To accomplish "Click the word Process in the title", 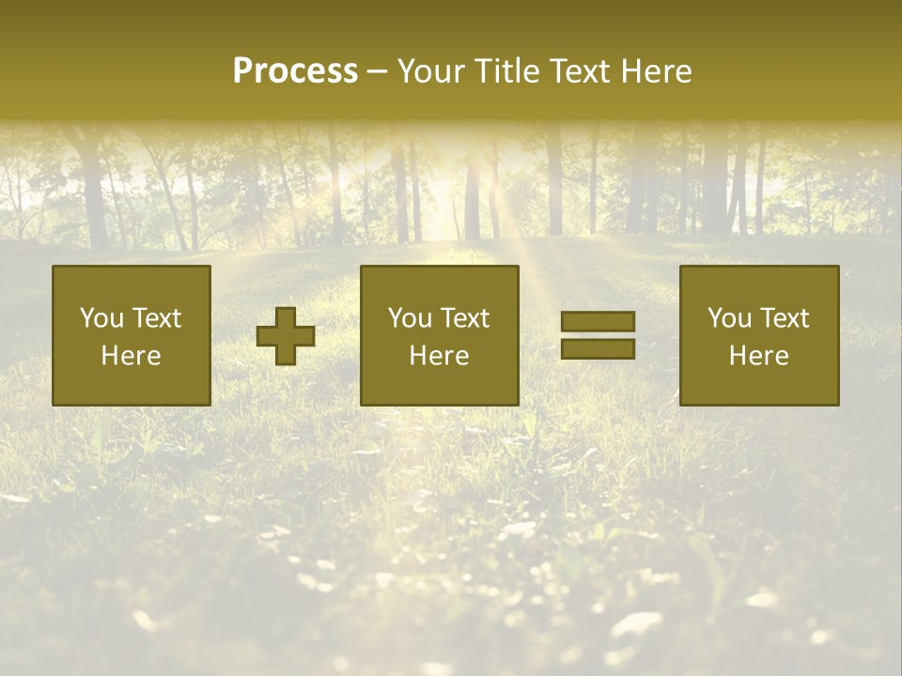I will [x=295, y=71].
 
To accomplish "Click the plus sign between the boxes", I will [x=286, y=336].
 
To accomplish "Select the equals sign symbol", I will [x=598, y=335].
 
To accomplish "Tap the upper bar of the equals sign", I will [x=598, y=322].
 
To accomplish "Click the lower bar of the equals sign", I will [x=598, y=348].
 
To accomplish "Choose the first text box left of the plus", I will [x=132, y=335].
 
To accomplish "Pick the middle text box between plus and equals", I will [x=439, y=335].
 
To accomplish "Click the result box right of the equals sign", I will [x=758, y=335].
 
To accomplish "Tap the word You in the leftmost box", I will [x=101, y=318].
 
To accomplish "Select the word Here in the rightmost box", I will [x=758, y=356].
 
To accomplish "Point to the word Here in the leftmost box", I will [x=132, y=356].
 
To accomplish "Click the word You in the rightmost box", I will [x=728, y=318].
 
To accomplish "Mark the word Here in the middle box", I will [x=439, y=356].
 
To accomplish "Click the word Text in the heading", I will [x=581, y=71].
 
